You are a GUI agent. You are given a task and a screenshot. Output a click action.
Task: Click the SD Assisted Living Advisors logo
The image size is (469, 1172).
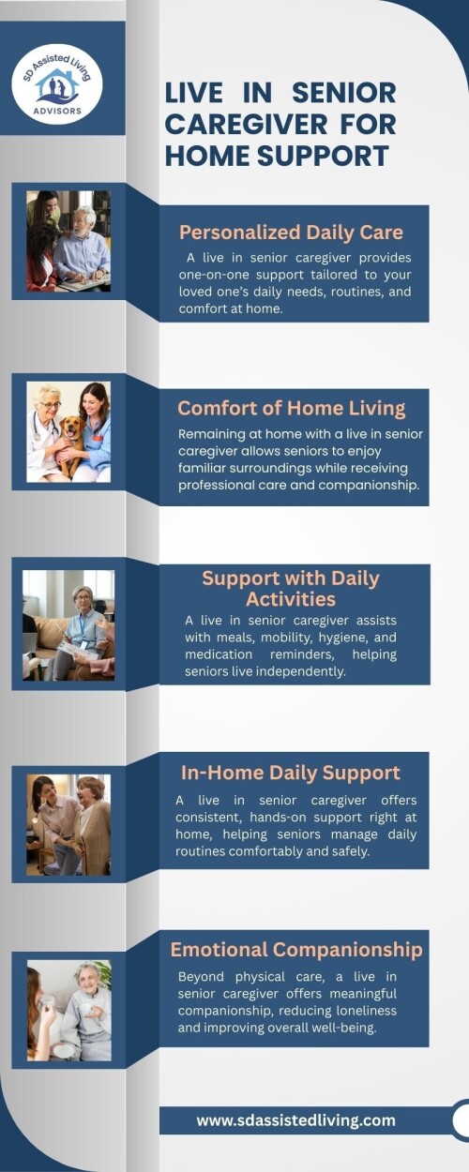(x=57, y=84)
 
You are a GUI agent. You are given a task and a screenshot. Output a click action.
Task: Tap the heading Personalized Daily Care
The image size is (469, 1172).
(x=291, y=233)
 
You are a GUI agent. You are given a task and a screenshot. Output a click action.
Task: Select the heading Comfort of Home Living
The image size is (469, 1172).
(x=291, y=408)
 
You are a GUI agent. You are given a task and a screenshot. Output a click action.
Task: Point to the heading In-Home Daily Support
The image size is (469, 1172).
(x=291, y=773)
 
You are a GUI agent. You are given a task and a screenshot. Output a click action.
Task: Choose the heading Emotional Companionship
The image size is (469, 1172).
(x=296, y=950)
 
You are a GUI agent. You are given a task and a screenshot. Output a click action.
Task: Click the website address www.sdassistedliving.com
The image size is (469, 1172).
(x=295, y=1120)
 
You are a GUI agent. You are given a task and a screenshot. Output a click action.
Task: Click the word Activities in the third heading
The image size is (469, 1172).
(x=291, y=599)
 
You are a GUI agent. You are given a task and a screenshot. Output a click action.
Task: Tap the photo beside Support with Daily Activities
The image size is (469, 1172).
(x=68, y=625)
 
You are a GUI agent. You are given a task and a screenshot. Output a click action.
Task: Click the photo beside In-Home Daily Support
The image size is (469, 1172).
(x=68, y=825)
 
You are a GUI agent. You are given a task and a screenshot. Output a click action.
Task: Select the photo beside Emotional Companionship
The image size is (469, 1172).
(x=69, y=1011)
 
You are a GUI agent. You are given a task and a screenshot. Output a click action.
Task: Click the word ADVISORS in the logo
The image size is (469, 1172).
(x=57, y=111)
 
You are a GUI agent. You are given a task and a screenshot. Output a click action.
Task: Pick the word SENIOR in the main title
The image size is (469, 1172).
(x=344, y=93)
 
